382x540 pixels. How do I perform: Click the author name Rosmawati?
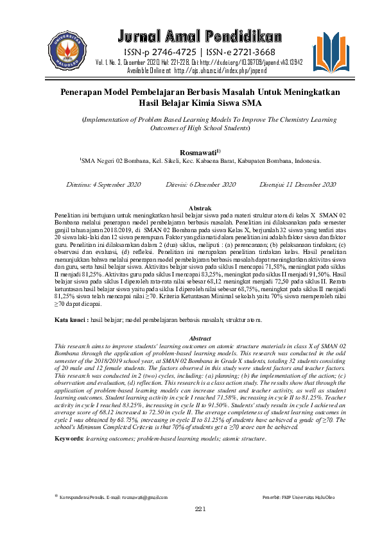199,151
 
